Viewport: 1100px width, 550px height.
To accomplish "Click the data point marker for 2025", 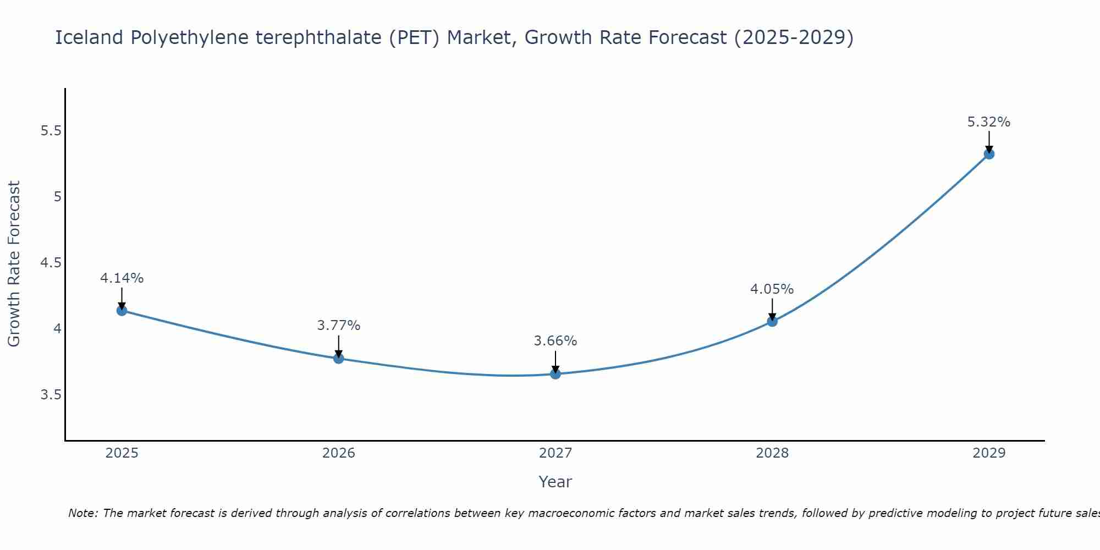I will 122,311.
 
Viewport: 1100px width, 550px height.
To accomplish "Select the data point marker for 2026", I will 338,359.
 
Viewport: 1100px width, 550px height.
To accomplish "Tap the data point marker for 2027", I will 555,374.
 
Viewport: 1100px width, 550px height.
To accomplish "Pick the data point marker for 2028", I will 772,321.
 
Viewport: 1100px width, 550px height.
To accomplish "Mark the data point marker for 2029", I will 989,154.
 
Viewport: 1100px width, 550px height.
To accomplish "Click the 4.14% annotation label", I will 122,278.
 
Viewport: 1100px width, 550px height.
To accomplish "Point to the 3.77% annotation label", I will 338,326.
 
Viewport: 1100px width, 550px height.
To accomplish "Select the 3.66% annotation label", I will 555,341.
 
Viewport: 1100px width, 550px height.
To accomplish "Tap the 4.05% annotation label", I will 772,289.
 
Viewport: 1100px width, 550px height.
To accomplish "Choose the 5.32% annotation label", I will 989,122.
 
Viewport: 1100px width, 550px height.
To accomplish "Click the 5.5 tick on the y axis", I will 51,131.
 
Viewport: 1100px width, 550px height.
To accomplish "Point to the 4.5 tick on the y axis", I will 51,263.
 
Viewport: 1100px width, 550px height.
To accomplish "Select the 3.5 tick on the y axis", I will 51,395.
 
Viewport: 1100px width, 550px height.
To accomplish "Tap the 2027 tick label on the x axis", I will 555,453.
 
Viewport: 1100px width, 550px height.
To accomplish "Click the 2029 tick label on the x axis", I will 989,453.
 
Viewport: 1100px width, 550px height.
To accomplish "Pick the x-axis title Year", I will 555,482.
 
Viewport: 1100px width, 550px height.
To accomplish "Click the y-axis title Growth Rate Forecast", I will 14,264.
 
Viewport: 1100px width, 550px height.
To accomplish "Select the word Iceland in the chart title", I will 89,37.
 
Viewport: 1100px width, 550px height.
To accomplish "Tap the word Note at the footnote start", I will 82,513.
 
